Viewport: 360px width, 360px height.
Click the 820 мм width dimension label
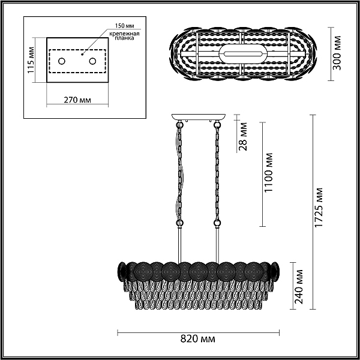point(198,339)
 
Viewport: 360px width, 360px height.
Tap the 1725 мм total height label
point(319,208)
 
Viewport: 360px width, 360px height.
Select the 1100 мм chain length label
point(268,172)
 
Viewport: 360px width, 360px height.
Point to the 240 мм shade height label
point(299,287)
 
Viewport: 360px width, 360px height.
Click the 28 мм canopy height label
point(242,137)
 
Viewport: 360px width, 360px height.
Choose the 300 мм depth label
point(337,53)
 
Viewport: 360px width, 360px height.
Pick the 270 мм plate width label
point(77,100)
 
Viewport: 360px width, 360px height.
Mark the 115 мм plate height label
point(31,60)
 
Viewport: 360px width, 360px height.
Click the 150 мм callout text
point(124,25)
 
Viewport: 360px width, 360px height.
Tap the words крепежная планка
point(124,36)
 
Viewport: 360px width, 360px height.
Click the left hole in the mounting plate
point(62,61)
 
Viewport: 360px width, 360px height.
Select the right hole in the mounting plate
point(93,61)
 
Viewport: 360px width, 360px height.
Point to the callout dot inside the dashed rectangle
point(82,55)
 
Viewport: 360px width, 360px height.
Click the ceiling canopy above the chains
point(199,117)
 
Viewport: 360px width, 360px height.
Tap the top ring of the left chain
point(179,125)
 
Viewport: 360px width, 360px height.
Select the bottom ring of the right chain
point(217,223)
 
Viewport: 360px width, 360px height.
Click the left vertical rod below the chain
point(180,244)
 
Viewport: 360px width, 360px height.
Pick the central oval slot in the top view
point(243,54)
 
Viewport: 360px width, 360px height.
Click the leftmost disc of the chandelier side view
point(122,271)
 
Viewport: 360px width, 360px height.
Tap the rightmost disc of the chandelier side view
point(275,271)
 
